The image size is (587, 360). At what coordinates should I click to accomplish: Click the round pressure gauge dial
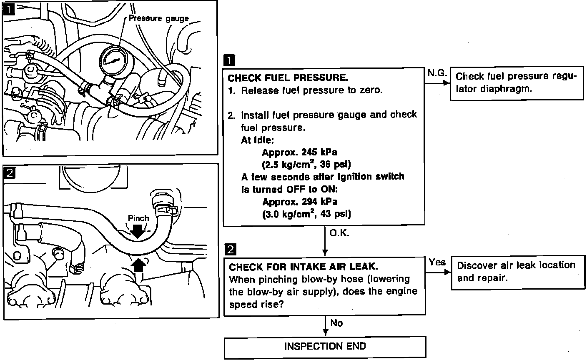point(112,60)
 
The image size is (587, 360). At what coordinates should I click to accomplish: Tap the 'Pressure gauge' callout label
point(158,18)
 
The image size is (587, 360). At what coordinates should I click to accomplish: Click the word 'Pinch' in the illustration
point(138,218)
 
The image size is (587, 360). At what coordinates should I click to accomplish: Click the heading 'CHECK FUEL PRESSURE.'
point(288,77)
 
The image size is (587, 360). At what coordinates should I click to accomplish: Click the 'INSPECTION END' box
point(325,346)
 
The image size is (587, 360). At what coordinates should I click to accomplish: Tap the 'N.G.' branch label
point(437,73)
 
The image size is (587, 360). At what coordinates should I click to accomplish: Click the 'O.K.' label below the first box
point(339,233)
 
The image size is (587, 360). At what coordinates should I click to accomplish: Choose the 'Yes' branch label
point(437,262)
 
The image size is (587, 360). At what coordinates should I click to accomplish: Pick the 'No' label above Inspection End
point(336,323)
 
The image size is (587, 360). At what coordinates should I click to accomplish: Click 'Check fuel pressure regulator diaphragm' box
point(517,83)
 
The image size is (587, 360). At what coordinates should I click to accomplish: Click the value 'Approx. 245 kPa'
point(299,152)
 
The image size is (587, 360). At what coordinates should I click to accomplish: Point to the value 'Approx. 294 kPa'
point(299,202)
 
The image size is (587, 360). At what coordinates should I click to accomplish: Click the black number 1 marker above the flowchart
point(229,61)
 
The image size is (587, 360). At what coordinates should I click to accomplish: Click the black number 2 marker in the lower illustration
point(9,172)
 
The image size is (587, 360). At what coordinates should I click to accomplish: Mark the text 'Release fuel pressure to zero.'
point(311,90)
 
